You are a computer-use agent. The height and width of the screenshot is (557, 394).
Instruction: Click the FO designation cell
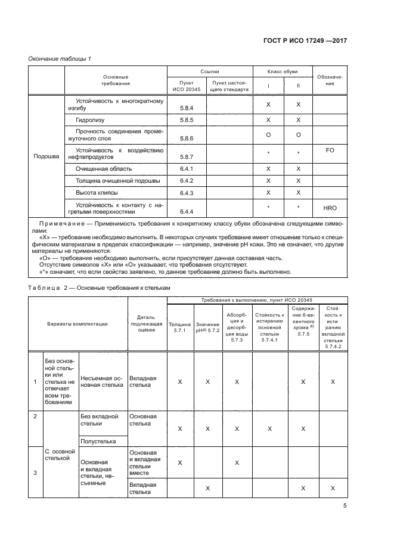click(330, 151)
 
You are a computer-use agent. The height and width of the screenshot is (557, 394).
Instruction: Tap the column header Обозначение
click(330, 80)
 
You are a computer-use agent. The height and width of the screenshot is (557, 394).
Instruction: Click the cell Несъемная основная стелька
click(102, 381)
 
